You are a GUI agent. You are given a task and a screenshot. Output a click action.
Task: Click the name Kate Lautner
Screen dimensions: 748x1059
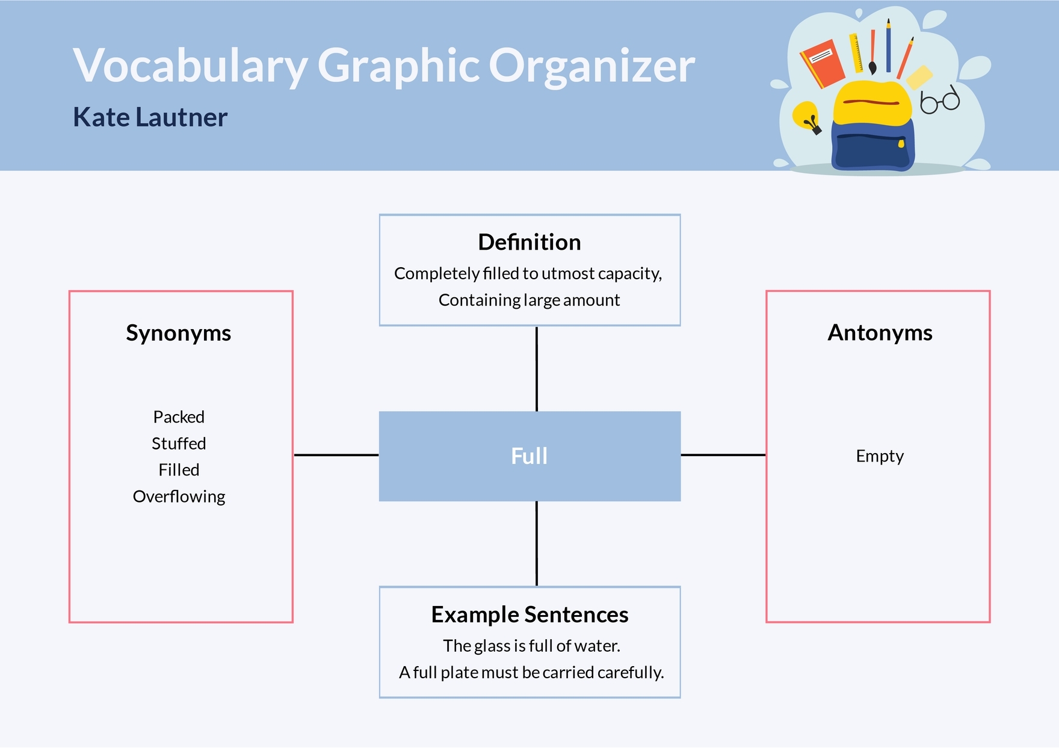pyautogui.click(x=150, y=117)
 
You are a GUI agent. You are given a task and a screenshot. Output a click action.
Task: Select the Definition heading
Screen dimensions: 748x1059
pyautogui.click(x=529, y=242)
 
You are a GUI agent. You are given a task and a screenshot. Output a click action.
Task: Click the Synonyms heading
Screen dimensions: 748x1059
pyautogui.click(x=178, y=333)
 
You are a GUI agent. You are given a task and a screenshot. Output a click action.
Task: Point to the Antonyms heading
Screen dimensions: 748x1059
pyautogui.click(x=880, y=333)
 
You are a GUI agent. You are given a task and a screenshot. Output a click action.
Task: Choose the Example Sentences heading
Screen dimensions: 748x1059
pyautogui.click(x=529, y=614)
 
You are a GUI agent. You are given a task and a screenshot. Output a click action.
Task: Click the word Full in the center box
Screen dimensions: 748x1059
pyautogui.click(x=529, y=456)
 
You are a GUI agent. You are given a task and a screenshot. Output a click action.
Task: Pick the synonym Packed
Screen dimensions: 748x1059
pyautogui.click(x=179, y=417)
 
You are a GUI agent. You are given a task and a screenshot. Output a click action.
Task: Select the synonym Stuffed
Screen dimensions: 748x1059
pyautogui.click(x=179, y=444)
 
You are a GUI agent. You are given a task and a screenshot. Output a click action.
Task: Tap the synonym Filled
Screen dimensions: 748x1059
pyautogui.click(x=179, y=470)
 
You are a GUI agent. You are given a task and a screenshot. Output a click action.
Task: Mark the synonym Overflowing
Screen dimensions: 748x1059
pyautogui.click(x=179, y=496)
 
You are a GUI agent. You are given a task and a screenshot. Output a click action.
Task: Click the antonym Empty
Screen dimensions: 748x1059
pyautogui.click(x=880, y=456)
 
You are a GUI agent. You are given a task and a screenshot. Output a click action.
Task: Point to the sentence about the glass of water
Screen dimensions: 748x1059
pyautogui.click(x=531, y=646)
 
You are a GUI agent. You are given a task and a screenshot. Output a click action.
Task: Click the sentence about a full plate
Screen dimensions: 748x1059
pyautogui.click(x=531, y=672)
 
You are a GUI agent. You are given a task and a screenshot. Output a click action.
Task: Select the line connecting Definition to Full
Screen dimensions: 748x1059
pyautogui.click(x=537, y=368)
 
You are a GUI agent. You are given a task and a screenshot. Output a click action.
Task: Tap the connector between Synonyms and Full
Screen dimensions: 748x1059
pyautogui.click(x=336, y=455)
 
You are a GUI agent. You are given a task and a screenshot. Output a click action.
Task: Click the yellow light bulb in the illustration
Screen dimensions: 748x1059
pyautogui.click(x=806, y=116)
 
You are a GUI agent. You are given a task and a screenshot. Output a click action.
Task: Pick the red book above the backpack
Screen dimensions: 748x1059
pyautogui.click(x=822, y=63)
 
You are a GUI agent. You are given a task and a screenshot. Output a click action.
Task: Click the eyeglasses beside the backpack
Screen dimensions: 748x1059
pyautogui.click(x=940, y=100)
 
